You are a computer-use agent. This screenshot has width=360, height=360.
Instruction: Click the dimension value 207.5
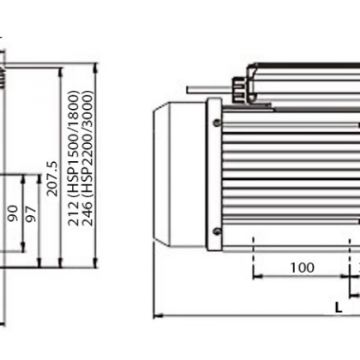(52, 179)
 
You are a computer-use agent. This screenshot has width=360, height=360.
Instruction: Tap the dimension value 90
(13, 213)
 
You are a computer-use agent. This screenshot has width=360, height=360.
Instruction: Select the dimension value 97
(30, 214)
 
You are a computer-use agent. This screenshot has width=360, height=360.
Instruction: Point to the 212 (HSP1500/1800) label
(73, 158)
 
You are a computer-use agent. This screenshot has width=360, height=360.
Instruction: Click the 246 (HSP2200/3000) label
(88, 158)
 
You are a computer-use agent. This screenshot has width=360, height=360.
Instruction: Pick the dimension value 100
(302, 267)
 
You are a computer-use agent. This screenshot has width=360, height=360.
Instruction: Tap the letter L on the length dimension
(338, 307)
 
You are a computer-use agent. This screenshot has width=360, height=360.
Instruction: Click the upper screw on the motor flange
(217, 123)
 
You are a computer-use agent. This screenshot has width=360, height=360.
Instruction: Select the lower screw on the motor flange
(217, 231)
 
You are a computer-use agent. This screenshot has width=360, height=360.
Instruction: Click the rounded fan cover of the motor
(179, 174)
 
